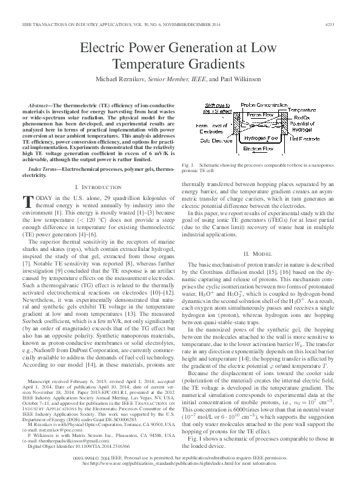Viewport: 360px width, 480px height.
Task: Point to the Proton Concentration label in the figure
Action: pyautogui.click(x=264, y=104)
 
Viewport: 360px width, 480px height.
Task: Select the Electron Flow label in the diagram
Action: pyautogui.click(x=261, y=148)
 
